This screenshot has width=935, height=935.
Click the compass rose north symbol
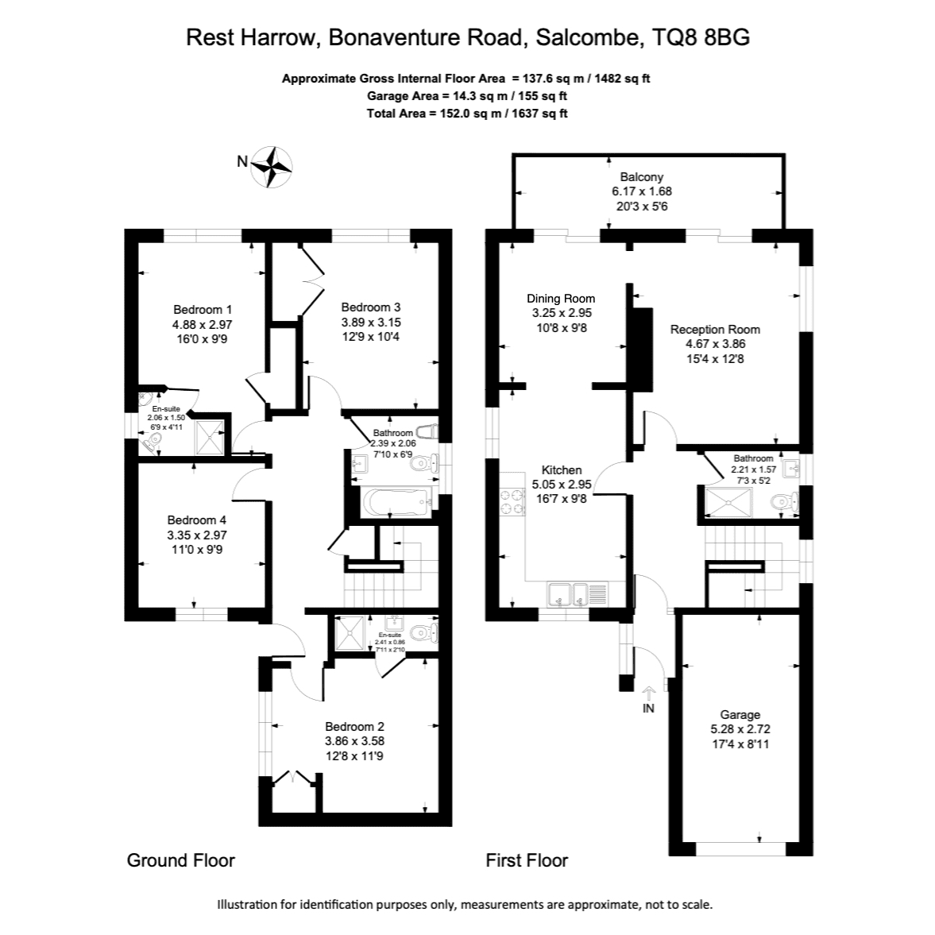[272, 167]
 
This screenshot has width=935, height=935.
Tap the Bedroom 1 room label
[202, 310]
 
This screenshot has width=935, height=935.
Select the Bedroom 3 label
[370, 307]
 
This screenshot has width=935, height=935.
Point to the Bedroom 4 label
[197, 520]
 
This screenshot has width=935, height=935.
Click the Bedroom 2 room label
[354, 726]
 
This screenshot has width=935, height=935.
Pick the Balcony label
[642, 176]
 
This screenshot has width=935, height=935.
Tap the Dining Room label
[561, 298]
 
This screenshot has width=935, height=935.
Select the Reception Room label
[715, 329]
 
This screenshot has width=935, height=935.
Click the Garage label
[740, 714]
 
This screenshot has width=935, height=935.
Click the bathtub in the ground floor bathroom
[396, 502]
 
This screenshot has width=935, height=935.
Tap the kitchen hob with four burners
[512, 501]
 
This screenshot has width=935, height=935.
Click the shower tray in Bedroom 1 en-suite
[210, 436]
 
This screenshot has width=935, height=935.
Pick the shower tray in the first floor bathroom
[728, 503]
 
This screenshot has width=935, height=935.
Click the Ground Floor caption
[180, 860]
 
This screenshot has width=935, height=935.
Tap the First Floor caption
[527, 860]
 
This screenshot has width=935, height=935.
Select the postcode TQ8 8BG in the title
[701, 37]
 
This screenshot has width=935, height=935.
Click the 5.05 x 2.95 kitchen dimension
[562, 485]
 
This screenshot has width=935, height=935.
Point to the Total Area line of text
[467, 114]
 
